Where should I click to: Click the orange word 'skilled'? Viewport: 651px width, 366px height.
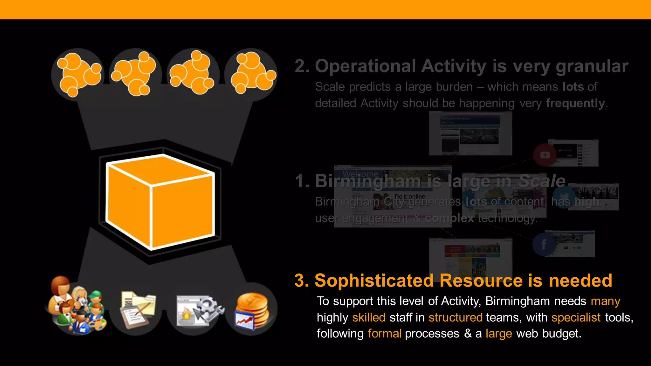pyautogui.click(x=369, y=317)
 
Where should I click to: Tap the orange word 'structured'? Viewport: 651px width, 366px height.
pyautogui.click(x=455, y=317)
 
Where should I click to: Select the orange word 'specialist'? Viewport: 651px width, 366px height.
pyautogui.click(x=576, y=317)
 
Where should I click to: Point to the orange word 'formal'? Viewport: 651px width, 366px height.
pyautogui.click(x=384, y=334)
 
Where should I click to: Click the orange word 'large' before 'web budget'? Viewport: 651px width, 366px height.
pyautogui.click(x=499, y=334)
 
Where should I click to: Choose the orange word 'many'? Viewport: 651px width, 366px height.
pyautogui.click(x=605, y=301)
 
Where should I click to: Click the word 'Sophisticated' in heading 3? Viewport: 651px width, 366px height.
pyautogui.click(x=374, y=281)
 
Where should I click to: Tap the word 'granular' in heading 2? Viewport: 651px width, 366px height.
pyautogui.click(x=592, y=66)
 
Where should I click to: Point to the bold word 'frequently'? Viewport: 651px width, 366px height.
pyautogui.click(x=575, y=103)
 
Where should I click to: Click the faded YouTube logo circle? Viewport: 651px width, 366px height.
pyautogui.click(x=545, y=155)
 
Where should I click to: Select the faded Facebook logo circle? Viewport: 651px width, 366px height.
pyautogui.click(x=544, y=244)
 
